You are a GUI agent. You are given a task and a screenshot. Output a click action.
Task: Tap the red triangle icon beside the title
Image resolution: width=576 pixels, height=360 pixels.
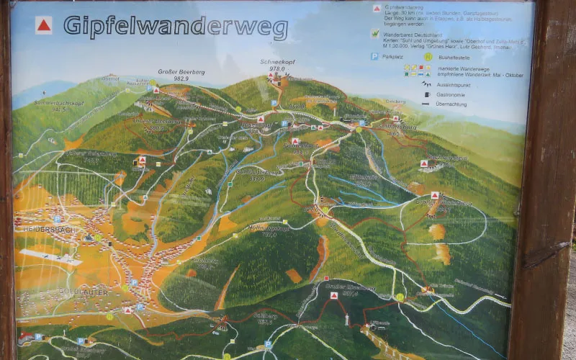click(44, 26)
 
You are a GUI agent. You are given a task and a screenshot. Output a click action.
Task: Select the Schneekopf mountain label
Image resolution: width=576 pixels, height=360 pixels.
click(277, 63)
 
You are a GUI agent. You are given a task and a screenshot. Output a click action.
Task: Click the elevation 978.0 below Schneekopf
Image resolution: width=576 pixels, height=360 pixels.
click(277, 69)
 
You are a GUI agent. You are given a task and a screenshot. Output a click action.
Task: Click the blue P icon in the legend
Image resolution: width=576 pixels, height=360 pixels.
click(374, 56)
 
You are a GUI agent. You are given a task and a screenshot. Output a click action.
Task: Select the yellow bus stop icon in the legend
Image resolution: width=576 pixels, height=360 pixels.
click(428, 56)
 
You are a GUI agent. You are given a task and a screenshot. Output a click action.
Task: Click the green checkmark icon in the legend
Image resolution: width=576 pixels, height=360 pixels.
click(375, 33)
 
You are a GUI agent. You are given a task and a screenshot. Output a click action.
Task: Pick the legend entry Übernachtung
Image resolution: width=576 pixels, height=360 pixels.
click(452, 104)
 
